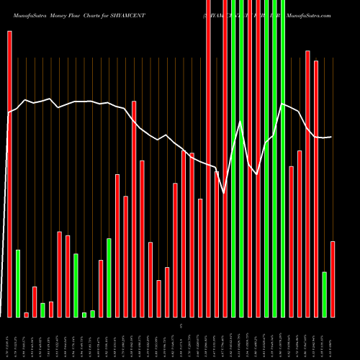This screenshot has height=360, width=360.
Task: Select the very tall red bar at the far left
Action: pos(9,173)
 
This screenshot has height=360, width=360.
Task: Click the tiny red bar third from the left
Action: pos(27,315)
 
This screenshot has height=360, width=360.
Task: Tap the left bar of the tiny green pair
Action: pos(84,315)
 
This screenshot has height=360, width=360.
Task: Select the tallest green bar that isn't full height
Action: pos(109,277)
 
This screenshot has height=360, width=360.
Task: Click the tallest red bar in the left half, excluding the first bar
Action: pos(134,209)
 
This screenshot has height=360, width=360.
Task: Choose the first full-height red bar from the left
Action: pos(209,158)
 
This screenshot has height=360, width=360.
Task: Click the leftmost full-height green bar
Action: pos(233,158)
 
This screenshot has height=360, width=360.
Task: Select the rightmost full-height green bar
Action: pos(283,158)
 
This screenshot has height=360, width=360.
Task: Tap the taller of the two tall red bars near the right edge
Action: pos(307,184)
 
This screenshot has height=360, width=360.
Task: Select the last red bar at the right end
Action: pos(333,279)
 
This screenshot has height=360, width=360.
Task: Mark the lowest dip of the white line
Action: pos(225,193)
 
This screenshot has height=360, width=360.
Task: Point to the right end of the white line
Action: pos(332,137)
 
